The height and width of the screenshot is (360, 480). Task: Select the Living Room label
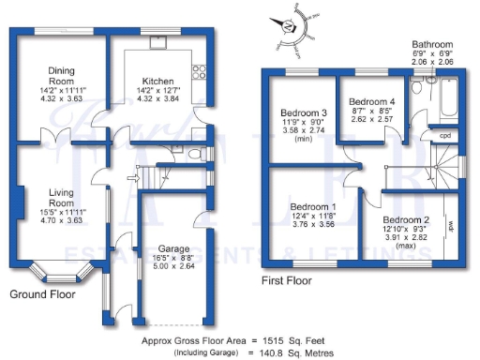click(63, 198)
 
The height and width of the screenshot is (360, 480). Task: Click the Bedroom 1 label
click(313, 206)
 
